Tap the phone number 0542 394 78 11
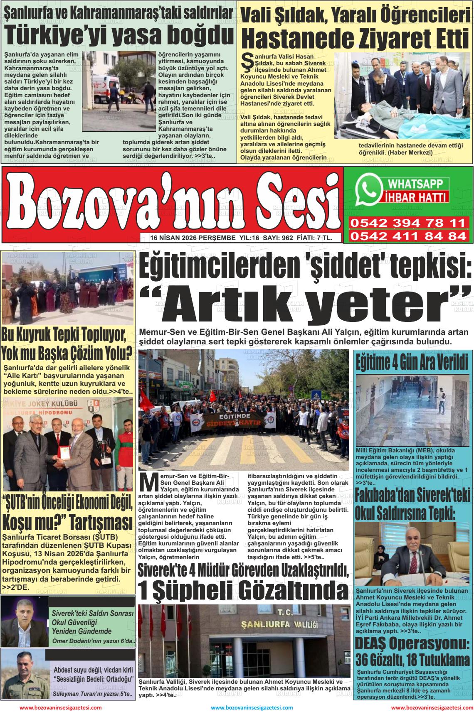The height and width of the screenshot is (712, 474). coord(407,223)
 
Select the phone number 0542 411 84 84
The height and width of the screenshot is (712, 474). coord(407,236)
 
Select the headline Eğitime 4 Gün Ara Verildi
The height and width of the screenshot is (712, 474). coord(412,362)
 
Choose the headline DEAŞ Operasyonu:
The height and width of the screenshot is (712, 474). coord(412,644)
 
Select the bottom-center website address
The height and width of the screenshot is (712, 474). coord(252,707)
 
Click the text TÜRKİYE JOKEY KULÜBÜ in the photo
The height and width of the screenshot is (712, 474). coord(42,404)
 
